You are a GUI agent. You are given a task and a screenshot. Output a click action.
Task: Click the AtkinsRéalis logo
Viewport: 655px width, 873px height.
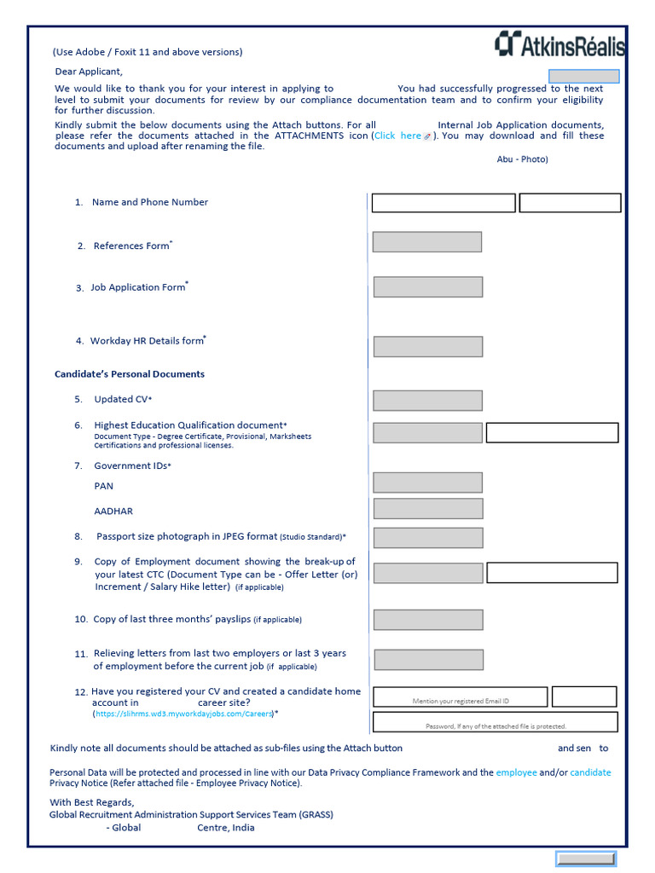click(559, 44)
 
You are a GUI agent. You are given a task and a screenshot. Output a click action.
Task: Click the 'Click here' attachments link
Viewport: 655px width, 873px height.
click(398, 136)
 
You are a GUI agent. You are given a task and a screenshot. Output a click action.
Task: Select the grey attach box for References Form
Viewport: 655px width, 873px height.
click(427, 242)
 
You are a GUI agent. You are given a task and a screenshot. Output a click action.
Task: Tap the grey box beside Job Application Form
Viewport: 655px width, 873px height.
click(428, 286)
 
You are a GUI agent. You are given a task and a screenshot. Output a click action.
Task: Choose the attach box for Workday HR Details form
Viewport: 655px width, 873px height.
click(428, 346)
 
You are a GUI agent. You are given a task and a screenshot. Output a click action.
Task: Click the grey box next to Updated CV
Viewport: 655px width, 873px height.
click(427, 400)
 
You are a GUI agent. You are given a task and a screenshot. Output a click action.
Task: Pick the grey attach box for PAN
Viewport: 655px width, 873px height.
click(427, 483)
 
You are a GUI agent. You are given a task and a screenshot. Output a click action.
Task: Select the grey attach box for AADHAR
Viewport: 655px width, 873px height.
click(428, 509)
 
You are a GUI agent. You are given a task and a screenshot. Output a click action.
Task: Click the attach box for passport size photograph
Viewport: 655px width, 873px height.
click(428, 537)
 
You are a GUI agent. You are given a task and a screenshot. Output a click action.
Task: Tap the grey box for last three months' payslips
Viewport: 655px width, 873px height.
click(428, 620)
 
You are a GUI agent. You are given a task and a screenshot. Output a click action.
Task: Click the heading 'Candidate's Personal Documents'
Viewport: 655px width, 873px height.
click(130, 374)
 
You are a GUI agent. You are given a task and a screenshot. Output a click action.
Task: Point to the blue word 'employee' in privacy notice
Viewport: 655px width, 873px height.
click(516, 772)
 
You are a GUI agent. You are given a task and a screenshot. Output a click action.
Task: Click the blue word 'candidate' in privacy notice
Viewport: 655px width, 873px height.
click(590, 772)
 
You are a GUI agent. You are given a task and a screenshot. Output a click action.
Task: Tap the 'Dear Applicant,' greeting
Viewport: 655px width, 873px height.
click(89, 72)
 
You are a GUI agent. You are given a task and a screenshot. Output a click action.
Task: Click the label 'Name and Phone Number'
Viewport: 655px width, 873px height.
click(150, 202)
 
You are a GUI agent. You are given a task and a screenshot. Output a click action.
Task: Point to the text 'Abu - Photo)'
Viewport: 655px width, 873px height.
click(522, 159)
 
